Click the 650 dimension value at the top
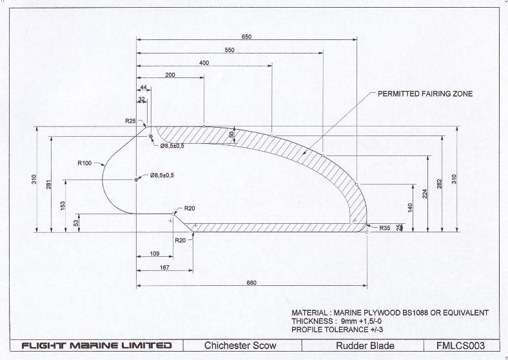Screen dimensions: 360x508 coord(246,37)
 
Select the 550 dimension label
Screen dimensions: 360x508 coord(230,50)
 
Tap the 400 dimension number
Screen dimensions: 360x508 coord(204,63)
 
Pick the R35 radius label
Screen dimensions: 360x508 coord(385,228)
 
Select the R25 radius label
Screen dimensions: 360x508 coord(130,121)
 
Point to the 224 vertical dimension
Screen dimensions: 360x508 coord(425,194)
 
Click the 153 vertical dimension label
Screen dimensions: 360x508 coord(63,205)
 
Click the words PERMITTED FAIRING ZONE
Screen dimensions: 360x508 coord(425,94)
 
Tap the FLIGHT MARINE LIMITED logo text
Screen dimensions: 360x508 coord(97,345)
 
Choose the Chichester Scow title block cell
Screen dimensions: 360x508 coord(240,345)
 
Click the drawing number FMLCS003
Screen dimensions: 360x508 coord(460,345)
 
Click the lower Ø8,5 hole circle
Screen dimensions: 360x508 coord(137,179)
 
